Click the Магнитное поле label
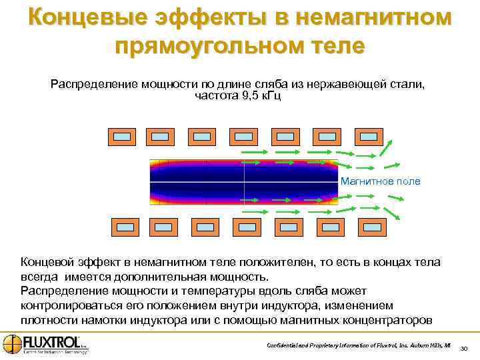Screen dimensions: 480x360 pyautogui.click(x=381, y=181)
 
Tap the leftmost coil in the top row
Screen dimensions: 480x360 pyautogui.click(x=121, y=137)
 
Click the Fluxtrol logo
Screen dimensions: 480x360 pyautogui.click(x=45, y=344)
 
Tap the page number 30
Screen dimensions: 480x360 pyautogui.click(x=464, y=347)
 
